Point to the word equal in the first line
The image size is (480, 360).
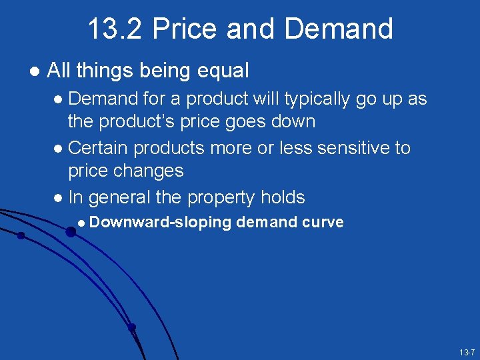click(222, 70)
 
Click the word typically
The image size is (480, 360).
click(316, 99)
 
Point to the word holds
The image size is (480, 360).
click(283, 197)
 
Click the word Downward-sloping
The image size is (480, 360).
click(160, 223)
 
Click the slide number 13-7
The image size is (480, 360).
click(466, 352)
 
